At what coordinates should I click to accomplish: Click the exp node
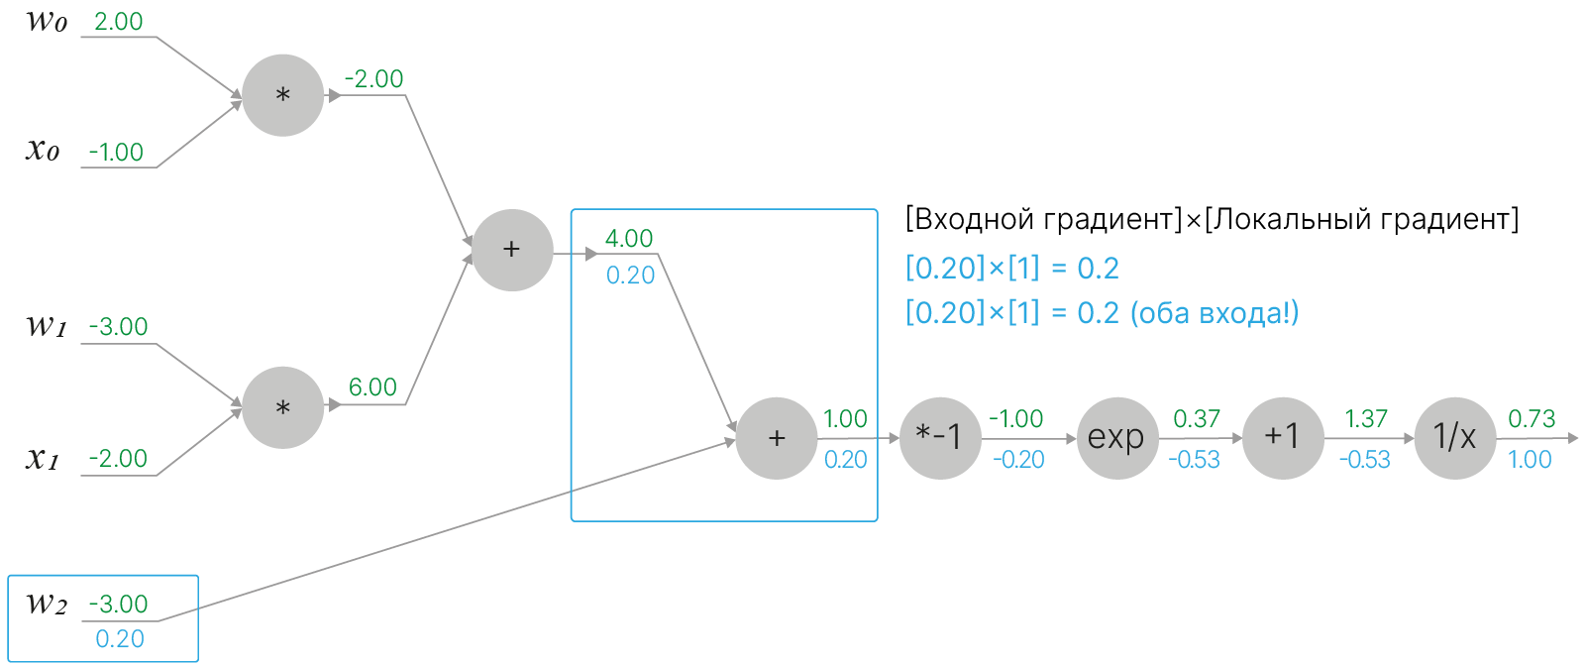coord(1116,438)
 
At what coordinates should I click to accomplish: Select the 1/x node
coord(1454,438)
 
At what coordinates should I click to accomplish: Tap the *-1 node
coord(939,438)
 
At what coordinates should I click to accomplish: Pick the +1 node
coord(1282,438)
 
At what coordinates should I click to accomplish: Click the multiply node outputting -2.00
coord(282,95)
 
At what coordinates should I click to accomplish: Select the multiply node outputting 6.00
coord(282,407)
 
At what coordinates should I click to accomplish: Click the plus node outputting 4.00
coord(511,250)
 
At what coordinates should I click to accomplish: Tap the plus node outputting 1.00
coord(777,438)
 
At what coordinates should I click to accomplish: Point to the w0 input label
coord(46,22)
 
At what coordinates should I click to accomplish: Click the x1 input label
coord(43,458)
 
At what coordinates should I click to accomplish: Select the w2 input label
coord(46,604)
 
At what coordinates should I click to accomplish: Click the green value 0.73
coord(1531,419)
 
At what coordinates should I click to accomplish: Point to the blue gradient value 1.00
coord(1530,460)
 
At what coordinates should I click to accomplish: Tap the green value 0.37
coord(1196,419)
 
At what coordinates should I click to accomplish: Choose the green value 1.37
coord(1365,419)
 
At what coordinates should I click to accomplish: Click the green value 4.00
coord(629,239)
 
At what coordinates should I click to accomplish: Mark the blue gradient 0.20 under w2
coord(120,639)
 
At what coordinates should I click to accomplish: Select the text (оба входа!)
coord(1214,313)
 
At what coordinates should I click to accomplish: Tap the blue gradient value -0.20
coord(1018,460)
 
